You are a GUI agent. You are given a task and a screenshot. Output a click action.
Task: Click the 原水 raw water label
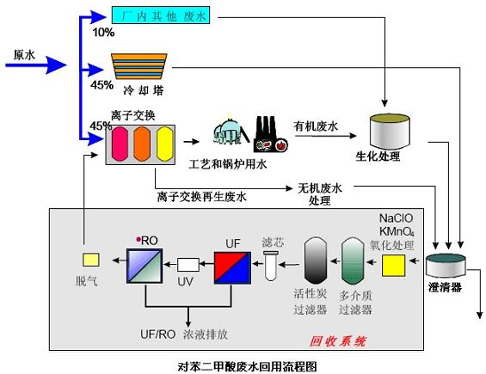(23, 54)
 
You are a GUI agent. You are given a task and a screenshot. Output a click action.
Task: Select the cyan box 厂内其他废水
(162, 15)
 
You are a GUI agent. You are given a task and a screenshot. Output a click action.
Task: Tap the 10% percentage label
(102, 33)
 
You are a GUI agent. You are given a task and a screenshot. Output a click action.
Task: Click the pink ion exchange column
(120, 142)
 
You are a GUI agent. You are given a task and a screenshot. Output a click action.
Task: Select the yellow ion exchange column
(164, 142)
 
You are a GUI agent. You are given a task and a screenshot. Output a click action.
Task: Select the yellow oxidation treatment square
(395, 267)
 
